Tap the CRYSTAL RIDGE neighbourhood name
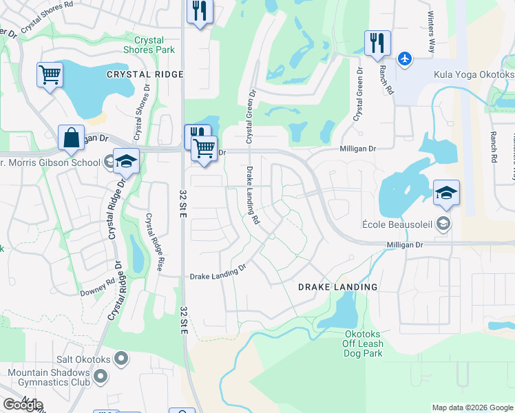145,74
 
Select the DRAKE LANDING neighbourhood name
337,287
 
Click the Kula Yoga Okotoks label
472,74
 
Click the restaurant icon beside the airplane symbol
377,43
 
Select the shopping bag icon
72,138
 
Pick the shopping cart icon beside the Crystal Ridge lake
50,75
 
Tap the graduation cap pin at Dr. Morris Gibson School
127,161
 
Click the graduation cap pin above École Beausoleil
446,193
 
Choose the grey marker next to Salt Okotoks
121,358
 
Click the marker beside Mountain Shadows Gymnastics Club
101,376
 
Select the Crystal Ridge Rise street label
153,242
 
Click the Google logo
23,405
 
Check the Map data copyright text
472,407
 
